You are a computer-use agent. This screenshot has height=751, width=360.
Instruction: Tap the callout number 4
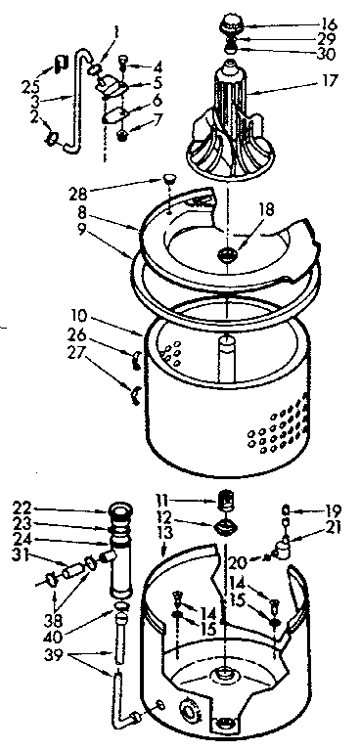pos(157,66)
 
